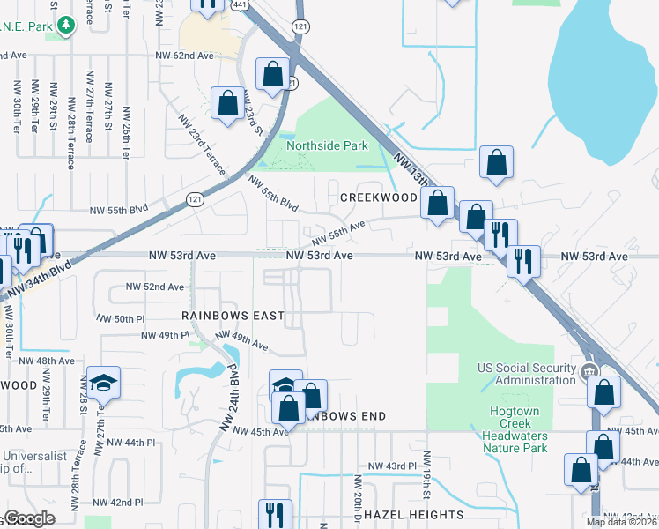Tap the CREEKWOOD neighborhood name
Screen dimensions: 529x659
[x=378, y=198]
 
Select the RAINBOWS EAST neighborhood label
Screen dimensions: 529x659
[x=233, y=315]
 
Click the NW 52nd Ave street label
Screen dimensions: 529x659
[x=155, y=287]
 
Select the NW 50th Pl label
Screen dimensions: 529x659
[x=117, y=318]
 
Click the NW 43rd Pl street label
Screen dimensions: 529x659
[x=391, y=466]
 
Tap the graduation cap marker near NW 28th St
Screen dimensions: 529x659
[x=103, y=384]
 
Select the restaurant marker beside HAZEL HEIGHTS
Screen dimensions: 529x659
[x=275, y=514]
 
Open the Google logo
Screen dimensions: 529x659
[x=29, y=518]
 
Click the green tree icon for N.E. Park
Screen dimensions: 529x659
[x=65, y=26]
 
